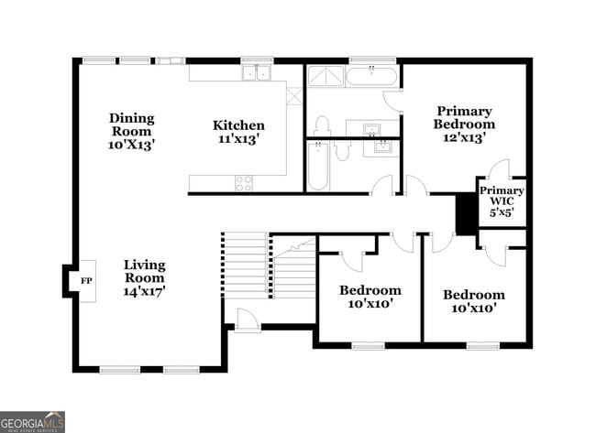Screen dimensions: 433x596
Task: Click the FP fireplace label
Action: pyautogui.click(x=86, y=280)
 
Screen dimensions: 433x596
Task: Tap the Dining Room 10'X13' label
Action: pyautogui.click(x=132, y=131)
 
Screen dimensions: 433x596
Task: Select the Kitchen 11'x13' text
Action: pyautogui.click(x=238, y=132)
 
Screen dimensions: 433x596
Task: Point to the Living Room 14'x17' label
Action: pyautogui.click(x=145, y=277)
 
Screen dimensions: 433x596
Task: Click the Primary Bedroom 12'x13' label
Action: pyautogui.click(x=464, y=124)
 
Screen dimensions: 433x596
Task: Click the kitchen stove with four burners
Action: pyautogui.click(x=244, y=183)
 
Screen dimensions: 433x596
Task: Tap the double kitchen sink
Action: pyautogui.click(x=256, y=73)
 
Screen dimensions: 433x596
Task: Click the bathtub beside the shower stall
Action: pyautogui.click(x=370, y=76)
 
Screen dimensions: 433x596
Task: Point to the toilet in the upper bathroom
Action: pyautogui.click(x=322, y=125)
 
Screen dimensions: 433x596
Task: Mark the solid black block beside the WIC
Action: pyautogui.click(x=467, y=214)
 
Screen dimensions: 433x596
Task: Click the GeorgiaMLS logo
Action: pyautogui.click(x=33, y=421)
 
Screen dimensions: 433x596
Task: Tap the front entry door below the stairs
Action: pyautogui.click(x=247, y=320)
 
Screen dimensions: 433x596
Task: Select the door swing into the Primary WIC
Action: pyautogui.click(x=499, y=170)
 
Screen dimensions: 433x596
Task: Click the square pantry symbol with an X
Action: pyautogui.click(x=293, y=95)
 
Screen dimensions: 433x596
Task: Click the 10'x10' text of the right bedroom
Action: pyautogui.click(x=473, y=309)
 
